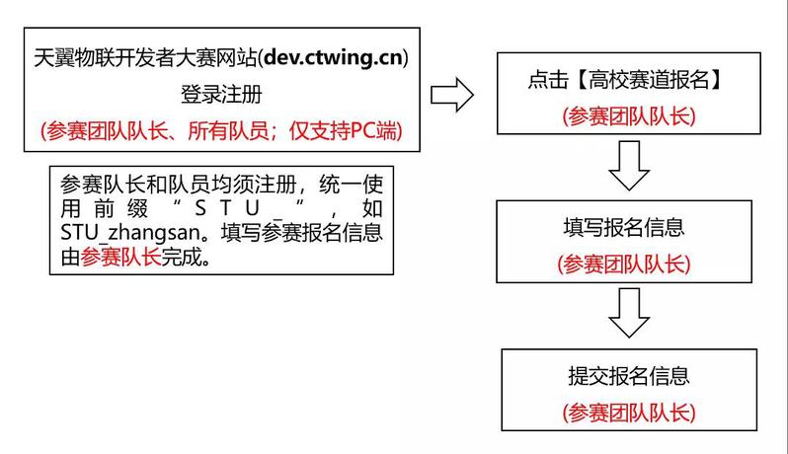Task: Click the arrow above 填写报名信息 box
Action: pyautogui.click(x=629, y=165)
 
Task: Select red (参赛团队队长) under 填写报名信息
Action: pyautogui.click(x=629, y=265)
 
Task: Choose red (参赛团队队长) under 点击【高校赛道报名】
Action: pyautogui.click(x=629, y=116)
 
